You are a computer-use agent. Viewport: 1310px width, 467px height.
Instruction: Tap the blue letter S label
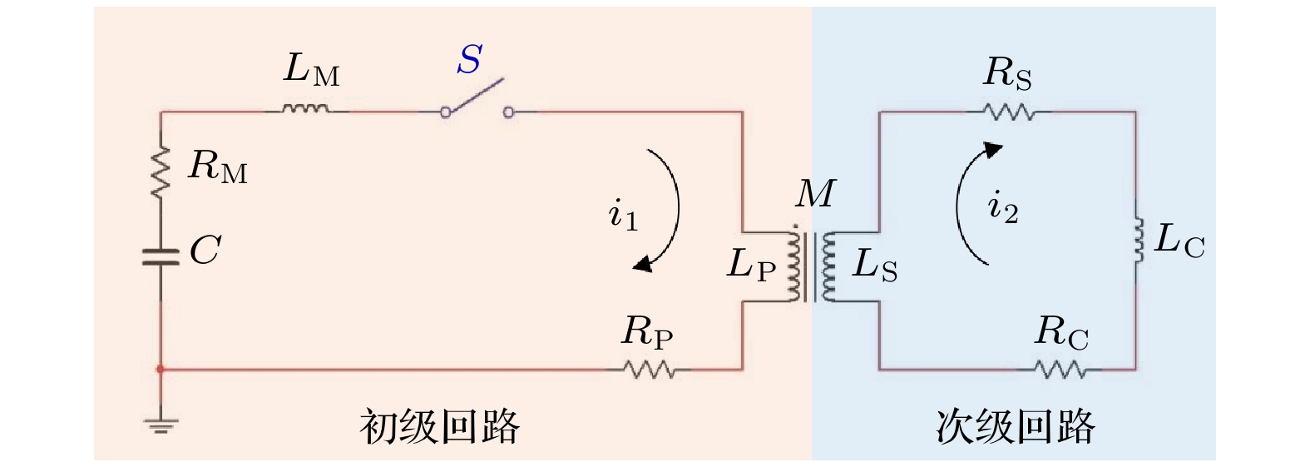[470, 60]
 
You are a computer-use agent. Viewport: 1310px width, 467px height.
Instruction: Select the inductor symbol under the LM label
[305, 108]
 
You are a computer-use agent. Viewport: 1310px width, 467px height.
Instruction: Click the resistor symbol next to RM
[161, 172]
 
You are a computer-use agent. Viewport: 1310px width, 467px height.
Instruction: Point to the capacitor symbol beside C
[161, 256]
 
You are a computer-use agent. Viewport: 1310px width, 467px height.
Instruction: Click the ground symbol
[161, 426]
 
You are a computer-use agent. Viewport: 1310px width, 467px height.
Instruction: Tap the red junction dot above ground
[161, 369]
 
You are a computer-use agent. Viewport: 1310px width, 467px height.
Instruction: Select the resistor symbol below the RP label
[650, 369]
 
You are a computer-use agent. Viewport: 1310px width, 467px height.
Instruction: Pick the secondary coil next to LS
[828, 266]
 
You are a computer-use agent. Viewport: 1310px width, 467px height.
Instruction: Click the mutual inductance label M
[814, 195]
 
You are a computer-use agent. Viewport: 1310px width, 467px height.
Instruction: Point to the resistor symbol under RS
[1007, 112]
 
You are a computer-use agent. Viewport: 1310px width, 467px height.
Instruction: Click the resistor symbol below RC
[1060, 369]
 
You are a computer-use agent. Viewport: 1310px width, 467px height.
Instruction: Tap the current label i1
[623, 215]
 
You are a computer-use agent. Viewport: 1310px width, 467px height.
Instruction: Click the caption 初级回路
[439, 427]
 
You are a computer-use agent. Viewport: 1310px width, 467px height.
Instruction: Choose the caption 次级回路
[1015, 427]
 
